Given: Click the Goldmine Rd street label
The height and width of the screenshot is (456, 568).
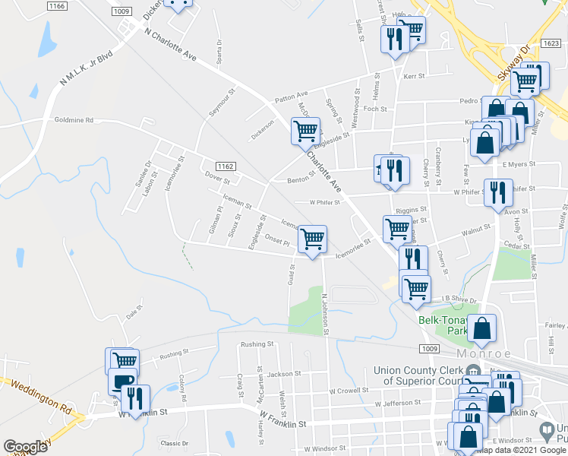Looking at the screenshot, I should [x=74, y=120].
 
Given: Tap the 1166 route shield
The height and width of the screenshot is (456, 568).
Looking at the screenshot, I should [x=55, y=6].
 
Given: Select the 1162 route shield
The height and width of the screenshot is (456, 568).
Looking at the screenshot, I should [x=224, y=166].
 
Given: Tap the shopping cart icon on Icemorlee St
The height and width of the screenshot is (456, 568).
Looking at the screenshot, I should [x=312, y=239].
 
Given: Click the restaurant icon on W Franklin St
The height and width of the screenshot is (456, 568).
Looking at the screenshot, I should [x=135, y=398].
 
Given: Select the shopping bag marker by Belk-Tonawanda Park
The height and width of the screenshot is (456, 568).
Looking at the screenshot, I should [x=481, y=328].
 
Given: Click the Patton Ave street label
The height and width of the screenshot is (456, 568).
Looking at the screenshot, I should [x=290, y=99].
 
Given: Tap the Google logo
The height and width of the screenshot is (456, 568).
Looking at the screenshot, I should [x=26, y=447].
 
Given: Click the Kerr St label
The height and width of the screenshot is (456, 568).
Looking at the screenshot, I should [x=413, y=77].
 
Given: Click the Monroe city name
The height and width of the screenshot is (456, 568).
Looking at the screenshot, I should [x=485, y=354].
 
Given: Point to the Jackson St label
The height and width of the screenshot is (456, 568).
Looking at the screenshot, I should [x=279, y=374].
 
